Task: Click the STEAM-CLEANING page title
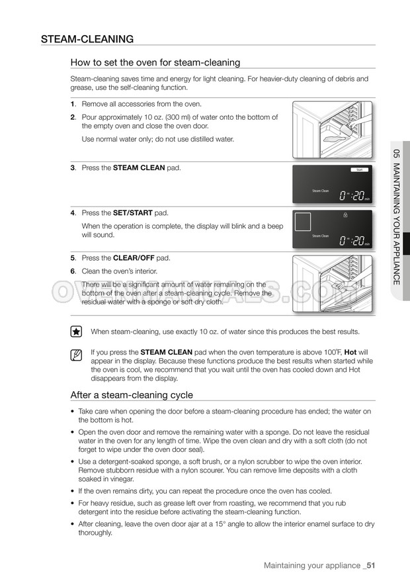point(87,39)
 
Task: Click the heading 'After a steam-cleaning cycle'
point(132,395)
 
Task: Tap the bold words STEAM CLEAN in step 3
point(139,168)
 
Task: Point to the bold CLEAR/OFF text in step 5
point(137,258)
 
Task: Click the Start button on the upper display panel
point(360,170)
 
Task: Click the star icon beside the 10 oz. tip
point(77,332)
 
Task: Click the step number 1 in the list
point(73,104)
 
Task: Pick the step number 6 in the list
point(73,271)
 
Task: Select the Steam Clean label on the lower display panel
point(320,236)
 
